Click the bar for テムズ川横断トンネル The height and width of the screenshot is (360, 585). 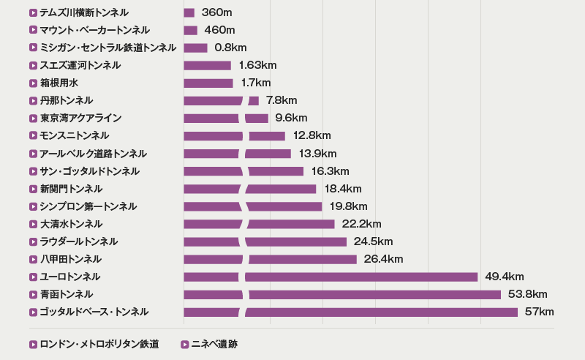pos(189,12)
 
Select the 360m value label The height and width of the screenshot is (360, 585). pos(217,12)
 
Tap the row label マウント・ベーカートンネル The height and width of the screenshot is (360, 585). pos(94,30)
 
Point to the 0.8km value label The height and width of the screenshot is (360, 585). pos(230,48)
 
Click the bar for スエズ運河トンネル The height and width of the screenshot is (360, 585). pos(207,65)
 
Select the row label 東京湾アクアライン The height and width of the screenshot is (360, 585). pos(80,118)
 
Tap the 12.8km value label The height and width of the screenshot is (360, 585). pos(312,135)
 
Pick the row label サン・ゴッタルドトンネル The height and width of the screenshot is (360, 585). pos(89,171)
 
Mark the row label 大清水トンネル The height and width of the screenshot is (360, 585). pos(71,224)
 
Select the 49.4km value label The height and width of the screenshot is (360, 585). pos(504,277)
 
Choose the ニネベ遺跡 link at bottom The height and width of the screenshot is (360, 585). pos(214,344)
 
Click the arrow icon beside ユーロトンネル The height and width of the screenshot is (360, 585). pos(33,277)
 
